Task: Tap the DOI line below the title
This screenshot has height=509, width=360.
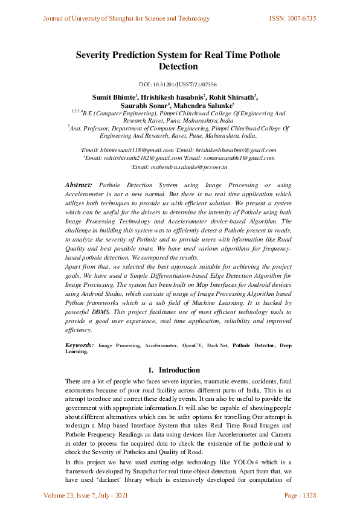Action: pos(178,85)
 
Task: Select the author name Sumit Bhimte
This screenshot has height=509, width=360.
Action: pos(114,97)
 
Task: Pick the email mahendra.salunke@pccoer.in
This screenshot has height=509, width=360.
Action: pos(181,167)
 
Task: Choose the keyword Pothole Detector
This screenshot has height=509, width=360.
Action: pos(253,345)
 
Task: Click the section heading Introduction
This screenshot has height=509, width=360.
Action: pos(179,370)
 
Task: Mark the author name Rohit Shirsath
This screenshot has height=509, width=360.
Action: pos(232,97)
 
